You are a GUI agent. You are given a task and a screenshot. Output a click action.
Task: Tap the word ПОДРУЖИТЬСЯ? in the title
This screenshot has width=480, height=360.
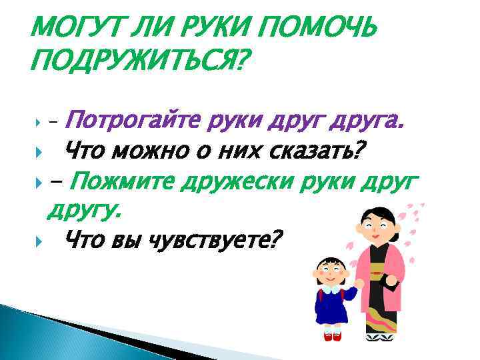[137, 63]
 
